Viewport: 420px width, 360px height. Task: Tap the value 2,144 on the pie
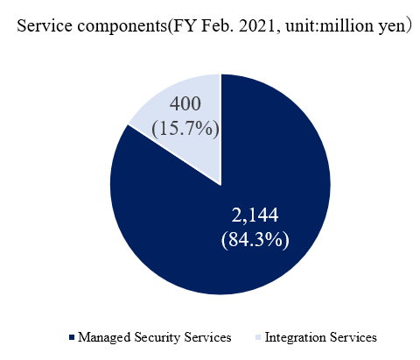[255, 215]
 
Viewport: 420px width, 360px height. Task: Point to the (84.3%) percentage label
[255, 240]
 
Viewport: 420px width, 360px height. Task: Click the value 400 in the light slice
[185, 103]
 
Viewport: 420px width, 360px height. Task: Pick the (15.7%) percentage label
[185, 129]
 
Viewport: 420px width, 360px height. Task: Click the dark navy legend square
[72, 337]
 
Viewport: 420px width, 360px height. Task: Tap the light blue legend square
[258, 337]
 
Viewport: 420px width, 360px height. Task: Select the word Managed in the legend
[104, 337]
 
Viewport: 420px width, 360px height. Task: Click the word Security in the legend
[157, 337]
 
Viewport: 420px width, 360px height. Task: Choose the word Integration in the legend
[296, 337]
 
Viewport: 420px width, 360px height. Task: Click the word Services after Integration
[353, 337]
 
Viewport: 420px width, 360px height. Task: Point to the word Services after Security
[207, 337]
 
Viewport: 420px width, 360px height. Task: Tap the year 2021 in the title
[257, 25]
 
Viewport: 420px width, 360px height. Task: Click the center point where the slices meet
[220, 185]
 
